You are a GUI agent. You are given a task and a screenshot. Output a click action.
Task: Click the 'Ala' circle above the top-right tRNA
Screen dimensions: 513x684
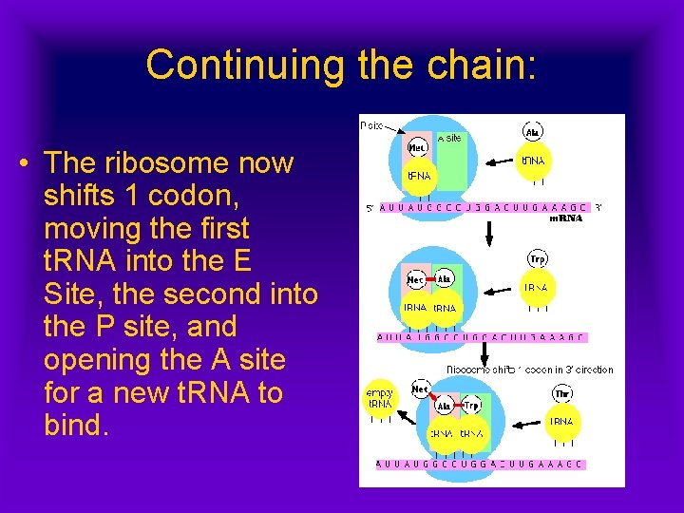pos(534,132)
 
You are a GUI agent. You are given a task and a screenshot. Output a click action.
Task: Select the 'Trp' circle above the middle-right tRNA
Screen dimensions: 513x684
pos(537,259)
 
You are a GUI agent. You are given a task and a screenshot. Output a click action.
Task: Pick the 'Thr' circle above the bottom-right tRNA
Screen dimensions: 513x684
pos(562,393)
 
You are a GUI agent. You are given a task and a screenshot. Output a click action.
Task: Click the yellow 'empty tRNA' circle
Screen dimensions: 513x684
pos(380,398)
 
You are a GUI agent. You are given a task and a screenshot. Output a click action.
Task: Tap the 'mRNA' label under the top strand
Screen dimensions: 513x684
pos(566,218)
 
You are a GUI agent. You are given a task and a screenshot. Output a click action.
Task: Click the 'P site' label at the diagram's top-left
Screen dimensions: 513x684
pos(372,125)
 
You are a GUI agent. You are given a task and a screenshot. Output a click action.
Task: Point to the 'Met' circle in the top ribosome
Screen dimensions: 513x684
pos(417,147)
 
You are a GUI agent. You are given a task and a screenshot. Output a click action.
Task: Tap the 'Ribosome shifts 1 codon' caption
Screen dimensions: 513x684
pos(529,370)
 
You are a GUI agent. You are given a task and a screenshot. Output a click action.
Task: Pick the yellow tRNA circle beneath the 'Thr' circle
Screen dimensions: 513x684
pos(562,422)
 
